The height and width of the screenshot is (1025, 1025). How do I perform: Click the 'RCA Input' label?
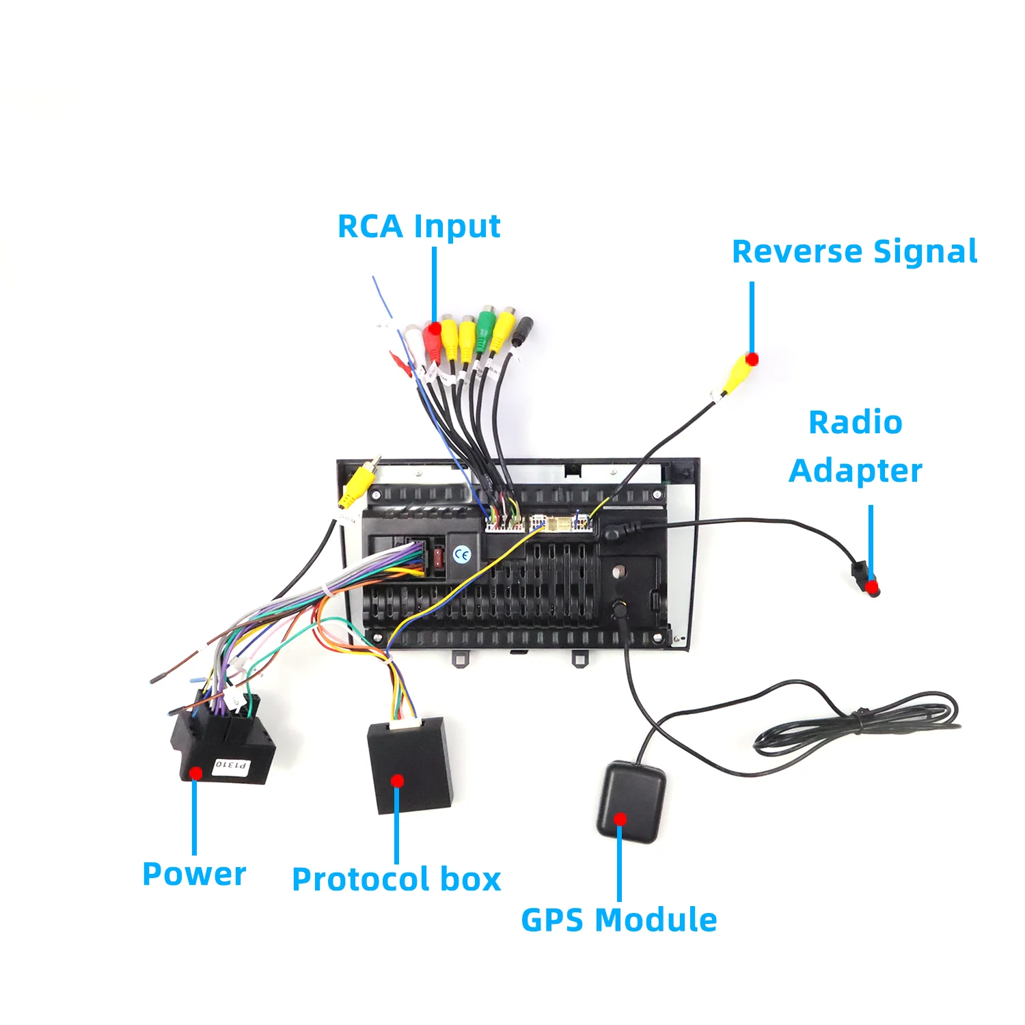(x=419, y=227)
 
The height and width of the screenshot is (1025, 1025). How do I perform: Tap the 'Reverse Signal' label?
(x=854, y=252)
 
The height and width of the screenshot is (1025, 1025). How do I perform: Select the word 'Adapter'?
(x=856, y=471)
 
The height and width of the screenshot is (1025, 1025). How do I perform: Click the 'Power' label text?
(x=194, y=874)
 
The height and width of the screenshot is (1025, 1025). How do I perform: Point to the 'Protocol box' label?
(x=396, y=879)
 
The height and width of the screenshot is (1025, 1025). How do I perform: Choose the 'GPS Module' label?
(x=619, y=920)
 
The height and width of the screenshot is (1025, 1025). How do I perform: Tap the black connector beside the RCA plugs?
(x=521, y=333)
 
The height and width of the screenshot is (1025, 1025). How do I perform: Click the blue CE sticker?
(x=462, y=554)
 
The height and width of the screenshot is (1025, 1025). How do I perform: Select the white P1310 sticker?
(x=232, y=765)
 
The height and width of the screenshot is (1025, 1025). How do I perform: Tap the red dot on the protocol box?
(x=398, y=781)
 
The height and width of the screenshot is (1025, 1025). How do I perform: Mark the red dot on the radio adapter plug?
(x=871, y=587)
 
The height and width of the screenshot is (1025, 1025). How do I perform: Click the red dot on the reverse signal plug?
(x=752, y=359)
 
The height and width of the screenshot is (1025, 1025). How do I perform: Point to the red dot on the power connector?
(x=196, y=773)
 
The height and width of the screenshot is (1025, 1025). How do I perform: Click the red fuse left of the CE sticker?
(x=439, y=557)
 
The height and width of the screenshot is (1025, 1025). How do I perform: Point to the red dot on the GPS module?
(x=620, y=819)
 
